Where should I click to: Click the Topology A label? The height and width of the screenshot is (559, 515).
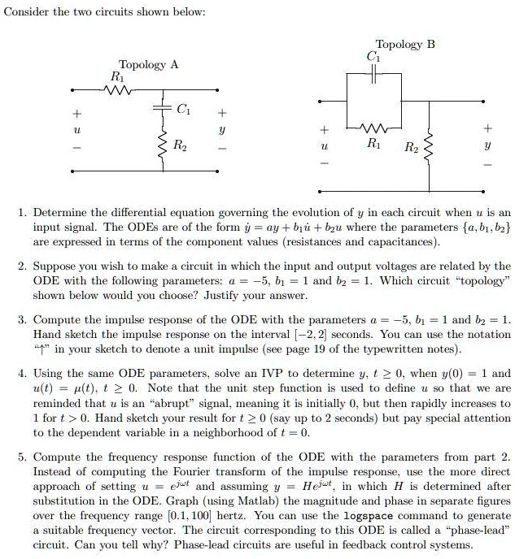pos(148,64)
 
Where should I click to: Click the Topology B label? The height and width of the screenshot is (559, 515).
pos(405,45)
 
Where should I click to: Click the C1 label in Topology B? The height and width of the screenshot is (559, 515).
pos(373,57)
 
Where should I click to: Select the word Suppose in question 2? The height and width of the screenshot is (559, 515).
pos(55,266)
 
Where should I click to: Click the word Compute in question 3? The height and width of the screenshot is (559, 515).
pos(56,320)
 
